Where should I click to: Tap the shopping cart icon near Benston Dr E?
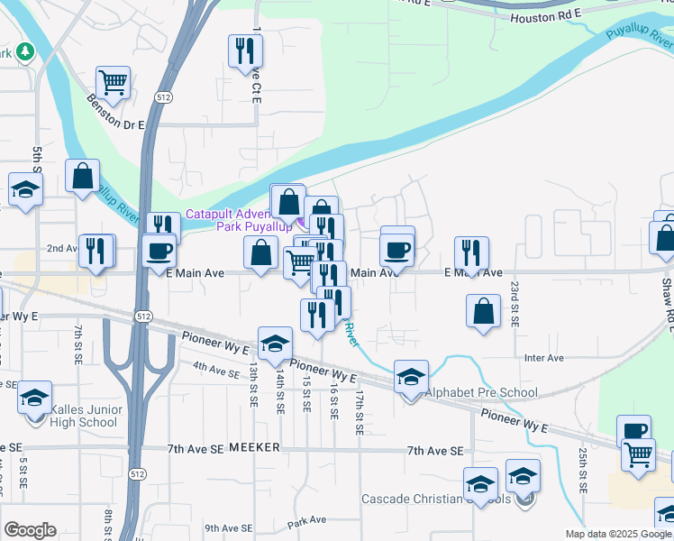point(114,82)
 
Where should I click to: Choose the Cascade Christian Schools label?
point(437,499)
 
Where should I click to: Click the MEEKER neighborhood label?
point(256,447)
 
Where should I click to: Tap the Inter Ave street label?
point(543,358)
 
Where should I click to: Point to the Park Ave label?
point(306,521)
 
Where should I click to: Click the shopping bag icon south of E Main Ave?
point(484,311)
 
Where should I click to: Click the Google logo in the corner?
point(30,530)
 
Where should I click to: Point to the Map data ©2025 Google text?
point(618,534)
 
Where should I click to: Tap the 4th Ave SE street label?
point(214,367)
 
